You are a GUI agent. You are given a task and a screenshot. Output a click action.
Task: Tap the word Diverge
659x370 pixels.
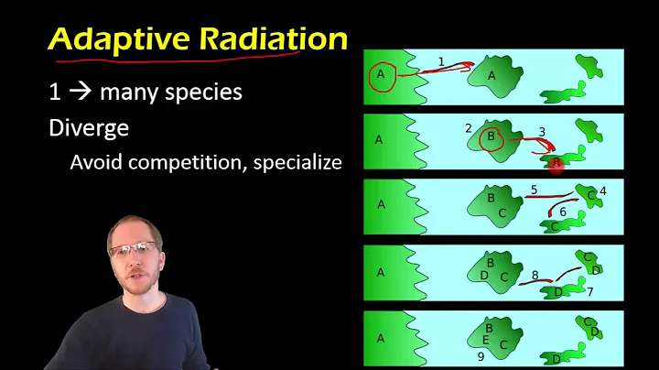[89, 128]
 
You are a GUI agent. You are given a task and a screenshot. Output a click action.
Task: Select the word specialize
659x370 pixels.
[297, 162]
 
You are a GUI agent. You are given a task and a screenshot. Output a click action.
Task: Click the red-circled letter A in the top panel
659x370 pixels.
[381, 75]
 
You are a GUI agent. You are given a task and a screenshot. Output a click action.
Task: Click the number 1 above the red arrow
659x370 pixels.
[441, 62]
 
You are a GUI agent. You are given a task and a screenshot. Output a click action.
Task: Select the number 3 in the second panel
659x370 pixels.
[542, 132]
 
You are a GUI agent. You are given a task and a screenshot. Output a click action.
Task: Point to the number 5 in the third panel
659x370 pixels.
[534, 190]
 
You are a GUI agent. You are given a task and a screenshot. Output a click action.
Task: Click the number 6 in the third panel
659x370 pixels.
[563, 212]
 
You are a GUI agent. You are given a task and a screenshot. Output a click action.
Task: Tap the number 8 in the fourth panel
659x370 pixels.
[535, 275]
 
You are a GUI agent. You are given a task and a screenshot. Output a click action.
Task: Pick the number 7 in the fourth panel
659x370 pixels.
[590, 291]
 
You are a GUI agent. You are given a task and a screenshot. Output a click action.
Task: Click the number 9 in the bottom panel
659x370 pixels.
[481, 357]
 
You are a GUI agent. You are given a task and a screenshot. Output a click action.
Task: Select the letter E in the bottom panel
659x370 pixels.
[485, 340]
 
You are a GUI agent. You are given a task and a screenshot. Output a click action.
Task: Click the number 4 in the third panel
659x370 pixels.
[603, 191]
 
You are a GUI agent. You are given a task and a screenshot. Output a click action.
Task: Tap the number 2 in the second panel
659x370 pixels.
[468, 128]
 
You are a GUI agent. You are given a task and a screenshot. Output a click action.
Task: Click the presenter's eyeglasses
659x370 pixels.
[132, 248]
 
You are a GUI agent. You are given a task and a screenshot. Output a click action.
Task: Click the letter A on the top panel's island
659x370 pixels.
[492, 77]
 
